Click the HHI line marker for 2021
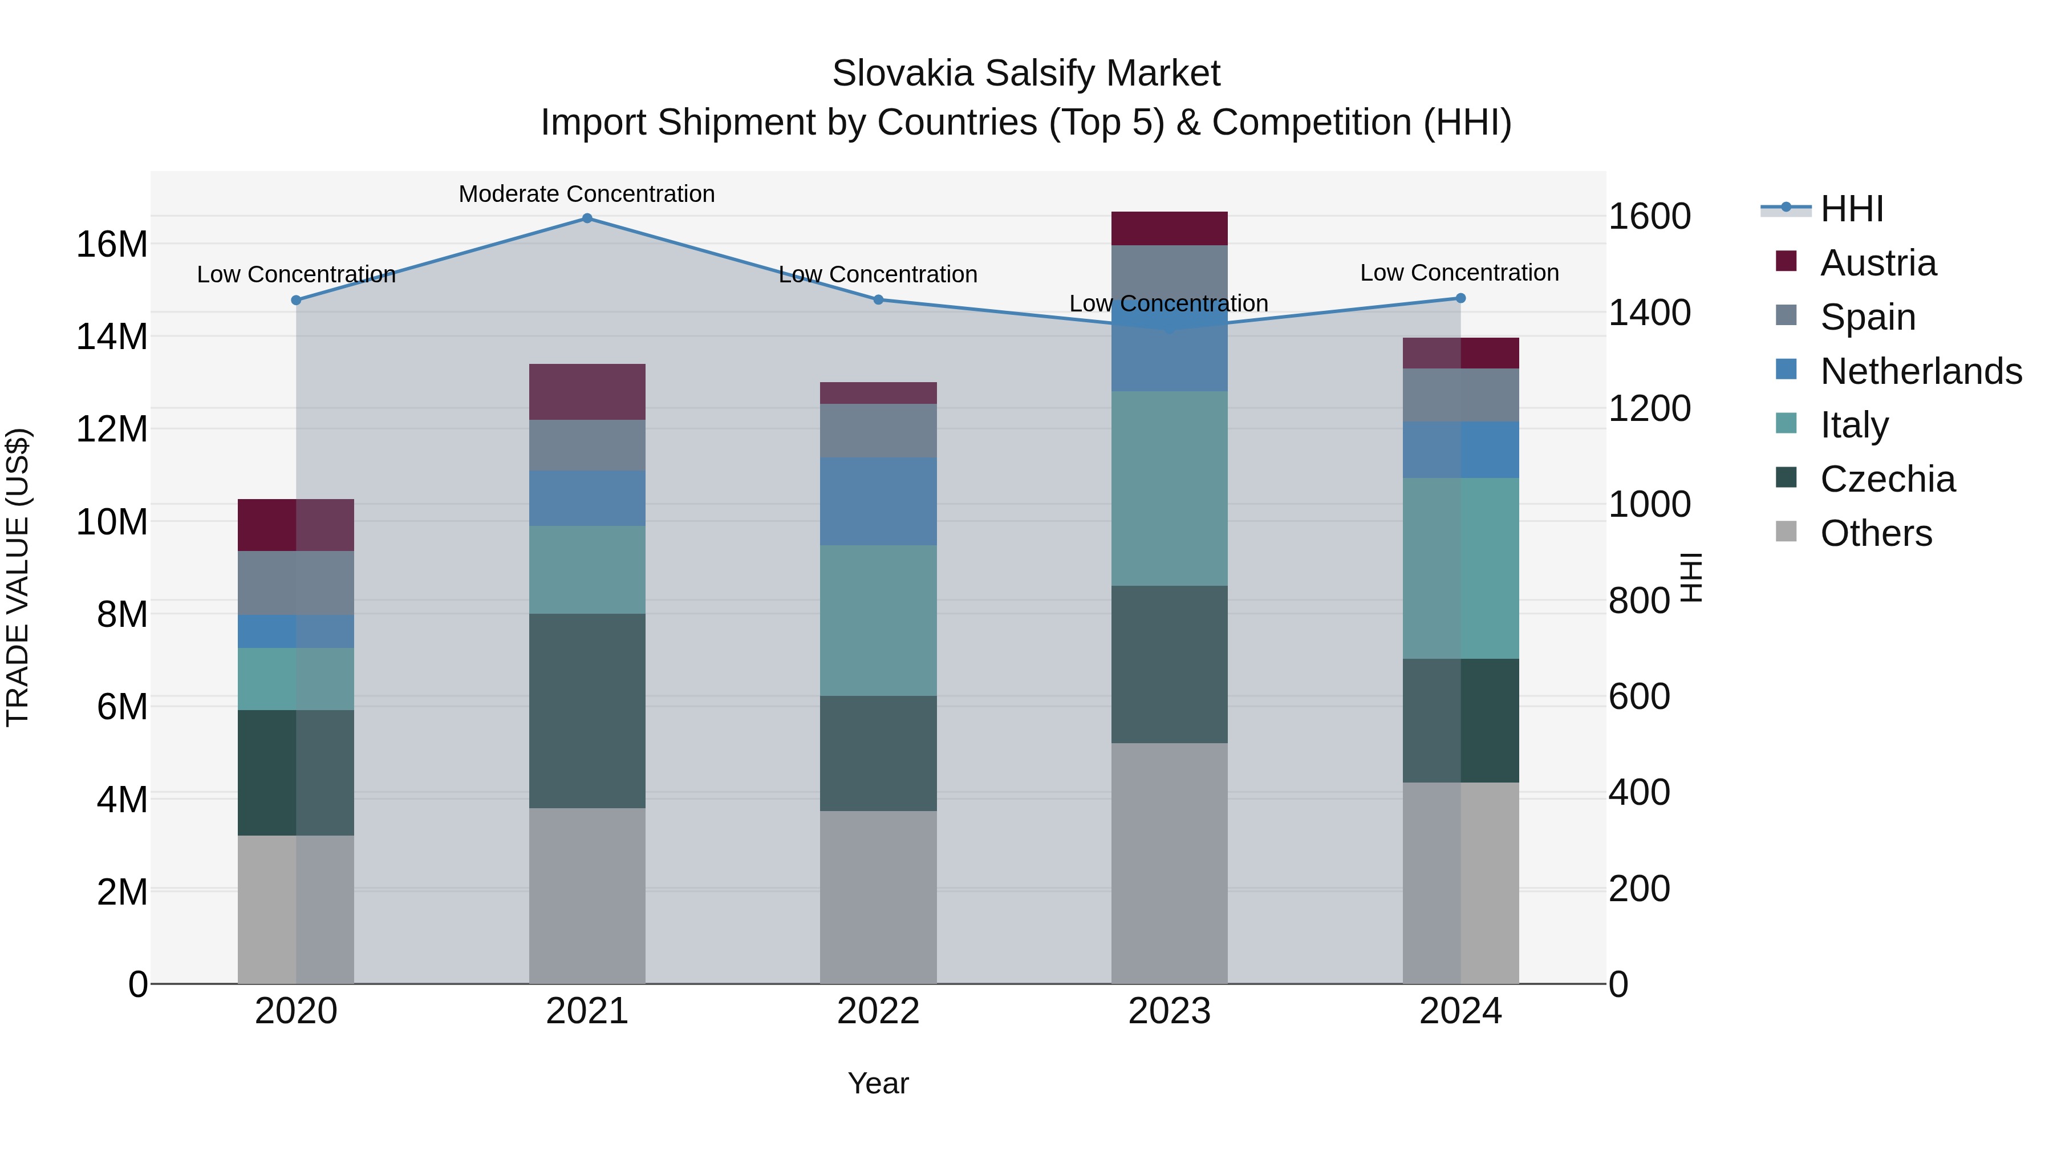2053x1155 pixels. click(x=587, y=218)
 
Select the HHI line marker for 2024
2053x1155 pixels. click(x=1460, y=298)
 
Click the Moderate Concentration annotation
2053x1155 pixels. click(x=587, y=194)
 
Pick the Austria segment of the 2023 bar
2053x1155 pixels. click(x=1169, y=228)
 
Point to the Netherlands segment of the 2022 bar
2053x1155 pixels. click(x=878, y=501)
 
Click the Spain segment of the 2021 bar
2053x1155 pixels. click(x=587, y=445)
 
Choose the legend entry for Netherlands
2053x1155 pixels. click(x=1921, y=371)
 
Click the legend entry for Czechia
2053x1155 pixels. click(x=1887, y=479)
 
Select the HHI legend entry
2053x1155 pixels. click(x=1851, y=209)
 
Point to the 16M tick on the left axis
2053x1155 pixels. click(x=112, y=244)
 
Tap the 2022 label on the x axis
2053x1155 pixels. click(x=878, y=1011)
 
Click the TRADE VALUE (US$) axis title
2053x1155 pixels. click(x=18, y=577)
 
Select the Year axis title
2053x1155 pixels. click(x=878, y=1083)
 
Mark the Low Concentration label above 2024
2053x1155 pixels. click(x=1459, y=273)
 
